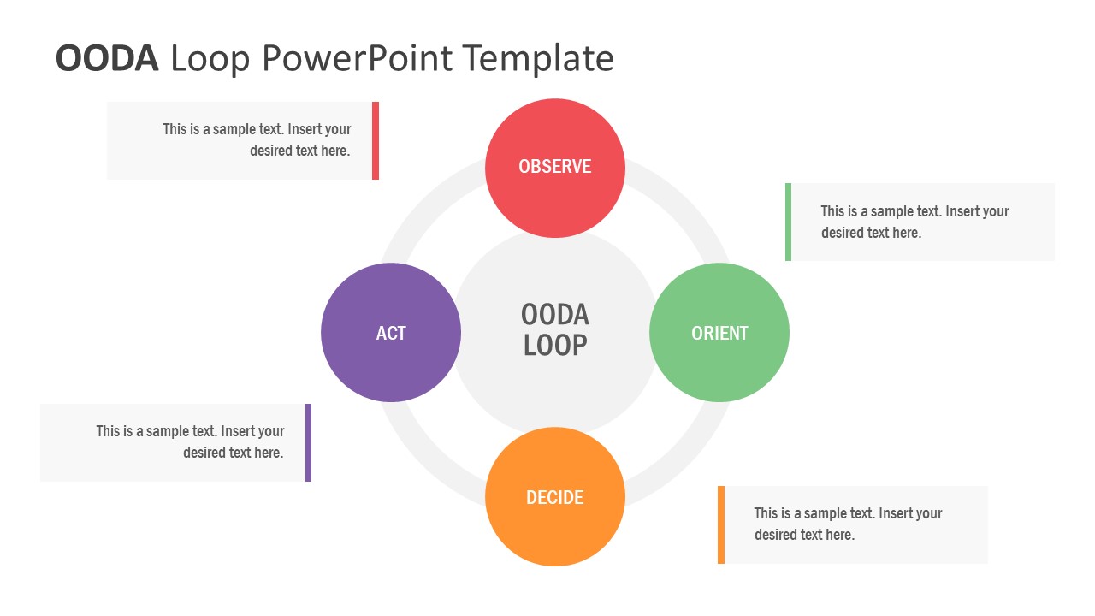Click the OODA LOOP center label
[x=554, y=330]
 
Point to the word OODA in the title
[x=107, y=58]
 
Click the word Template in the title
[x=538, y=58]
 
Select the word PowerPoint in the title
[x=358, y=58]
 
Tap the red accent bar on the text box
[x=376, y=140]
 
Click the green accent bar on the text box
[x=788, y=222]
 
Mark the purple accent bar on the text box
[x=308, y=442]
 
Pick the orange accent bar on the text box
[x=721, y=524]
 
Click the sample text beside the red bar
[x=257, y=140]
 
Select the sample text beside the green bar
[x=914, y=222]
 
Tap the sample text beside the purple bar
[x=190, y=442]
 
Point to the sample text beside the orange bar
[x=847, y=524]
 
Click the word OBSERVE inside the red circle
[x=554, y=167]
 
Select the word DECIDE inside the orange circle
[x=554, y=498]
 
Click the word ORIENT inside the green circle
[x=719, y=333]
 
